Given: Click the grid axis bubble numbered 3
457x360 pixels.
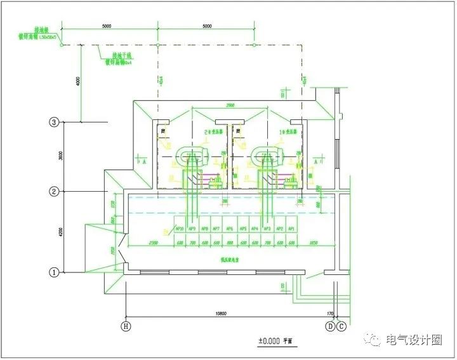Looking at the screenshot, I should point(55,122).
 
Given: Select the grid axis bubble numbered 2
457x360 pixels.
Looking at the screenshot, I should point(55,191).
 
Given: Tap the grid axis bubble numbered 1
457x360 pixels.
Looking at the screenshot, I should point(55,272).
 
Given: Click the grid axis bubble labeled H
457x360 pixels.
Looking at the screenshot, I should point(126,326).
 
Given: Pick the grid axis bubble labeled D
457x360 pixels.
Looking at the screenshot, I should point(330,326).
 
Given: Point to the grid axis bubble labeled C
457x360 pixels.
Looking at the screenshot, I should point(341,326).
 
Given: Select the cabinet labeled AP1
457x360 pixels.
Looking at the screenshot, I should point(292,229).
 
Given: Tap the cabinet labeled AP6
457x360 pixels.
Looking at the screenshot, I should point(230,229).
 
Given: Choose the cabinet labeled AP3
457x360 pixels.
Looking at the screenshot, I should point(267,229).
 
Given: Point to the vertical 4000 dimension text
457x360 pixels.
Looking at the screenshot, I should point(77,83).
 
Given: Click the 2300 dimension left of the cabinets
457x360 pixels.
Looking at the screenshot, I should point(153,243).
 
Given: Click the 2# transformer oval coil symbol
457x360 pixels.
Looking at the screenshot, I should point(192,154).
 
